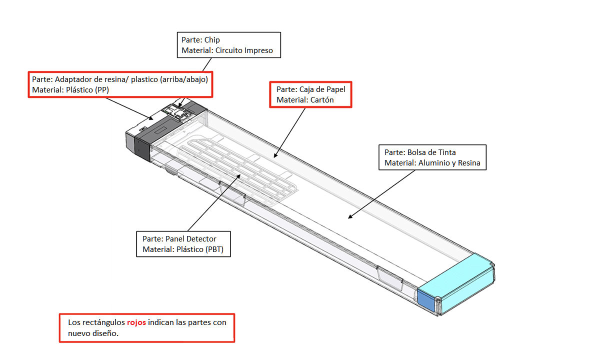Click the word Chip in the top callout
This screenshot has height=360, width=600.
point(212,40)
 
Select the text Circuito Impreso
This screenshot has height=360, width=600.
point(244,50)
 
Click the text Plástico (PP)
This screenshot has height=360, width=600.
point(87,90)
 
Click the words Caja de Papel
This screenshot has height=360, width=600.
point(322,89)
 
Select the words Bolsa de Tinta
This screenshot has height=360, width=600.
point(431,152)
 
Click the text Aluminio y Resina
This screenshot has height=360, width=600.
point(449,163)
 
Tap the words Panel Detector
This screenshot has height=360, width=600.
point(190,239)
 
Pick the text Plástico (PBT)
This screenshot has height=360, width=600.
point(200,249)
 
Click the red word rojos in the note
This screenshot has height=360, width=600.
point(136,322)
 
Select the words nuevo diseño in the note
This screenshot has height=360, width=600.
point(93,333)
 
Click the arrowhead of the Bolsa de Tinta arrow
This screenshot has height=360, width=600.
point(350,217)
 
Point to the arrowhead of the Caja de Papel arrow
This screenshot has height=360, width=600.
point(275,155)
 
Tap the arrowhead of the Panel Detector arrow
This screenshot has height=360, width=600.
point(238,176)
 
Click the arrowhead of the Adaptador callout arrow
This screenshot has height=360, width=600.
point(151,118)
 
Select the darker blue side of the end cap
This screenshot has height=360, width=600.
point(426,300)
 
